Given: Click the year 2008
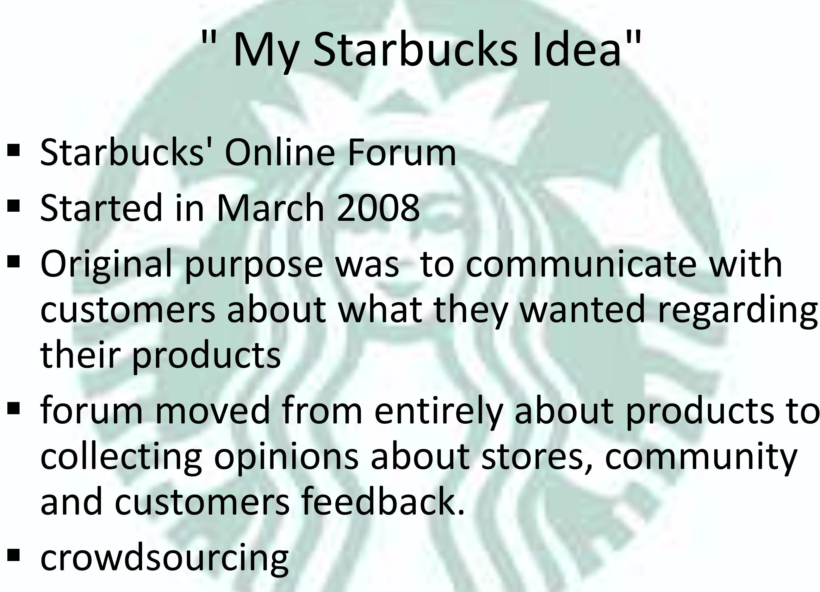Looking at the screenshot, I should point(378,208).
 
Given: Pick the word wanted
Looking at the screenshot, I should point(582,309).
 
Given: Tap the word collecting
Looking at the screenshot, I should point(121,458).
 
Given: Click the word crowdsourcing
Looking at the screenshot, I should point(165,559).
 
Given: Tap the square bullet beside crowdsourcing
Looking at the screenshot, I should point(13,555).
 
